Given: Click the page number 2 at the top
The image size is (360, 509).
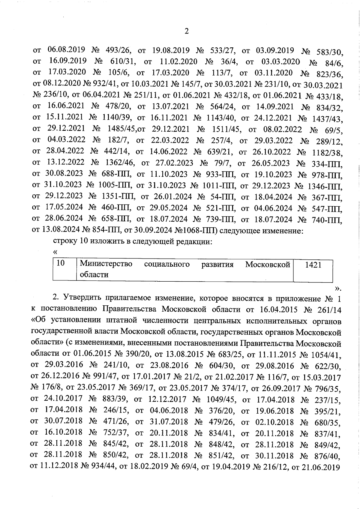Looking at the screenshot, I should (x=186, y=31).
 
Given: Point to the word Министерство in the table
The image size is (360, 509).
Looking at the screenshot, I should (x=106, y=264).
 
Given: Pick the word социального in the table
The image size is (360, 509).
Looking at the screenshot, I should (x=167, y=264).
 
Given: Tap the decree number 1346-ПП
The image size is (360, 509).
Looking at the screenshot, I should (x=325, y=186).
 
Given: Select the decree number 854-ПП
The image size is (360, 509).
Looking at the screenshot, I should (x=105, y=231).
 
